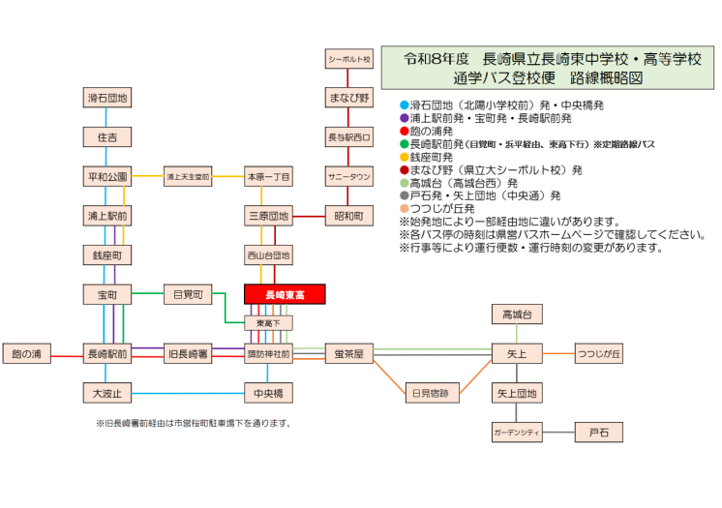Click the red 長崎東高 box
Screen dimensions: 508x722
coord(285,294)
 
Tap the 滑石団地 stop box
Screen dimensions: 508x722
coord(106,98)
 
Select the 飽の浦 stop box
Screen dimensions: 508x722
coord(27,354)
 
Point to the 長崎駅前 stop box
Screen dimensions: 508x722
coord(106,354)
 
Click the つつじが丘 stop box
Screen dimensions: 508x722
coord(599,354)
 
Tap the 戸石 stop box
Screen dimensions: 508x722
coord(599,432)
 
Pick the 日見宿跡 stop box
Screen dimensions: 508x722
coord(431,393)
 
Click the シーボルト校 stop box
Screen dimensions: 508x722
coord(348,59)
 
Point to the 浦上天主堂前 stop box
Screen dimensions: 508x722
coord(188,177)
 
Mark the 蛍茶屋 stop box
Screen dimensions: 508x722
coord(348,354)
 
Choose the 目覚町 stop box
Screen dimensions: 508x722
coord(188,294)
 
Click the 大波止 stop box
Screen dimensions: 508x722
coord(106,393)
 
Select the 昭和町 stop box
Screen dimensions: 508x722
coord(348,216)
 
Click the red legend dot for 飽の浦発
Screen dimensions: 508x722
coord(404,131)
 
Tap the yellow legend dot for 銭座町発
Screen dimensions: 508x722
coord(404,157)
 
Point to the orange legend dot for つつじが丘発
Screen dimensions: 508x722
coord(404,208)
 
